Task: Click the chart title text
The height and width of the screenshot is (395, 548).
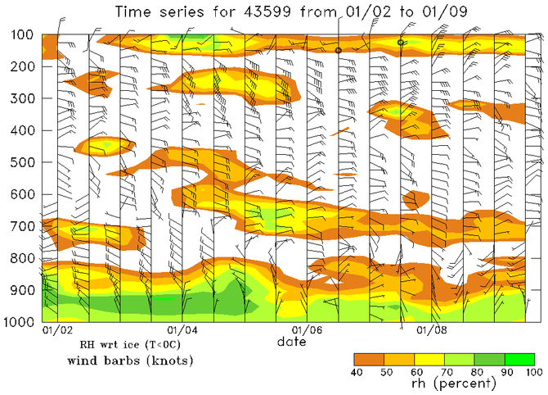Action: point(282,13)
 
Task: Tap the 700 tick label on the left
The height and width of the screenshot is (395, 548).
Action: point(17,226)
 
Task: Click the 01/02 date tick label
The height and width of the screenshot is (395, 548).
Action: point(56,330)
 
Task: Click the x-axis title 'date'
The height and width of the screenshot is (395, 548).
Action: point(291,341)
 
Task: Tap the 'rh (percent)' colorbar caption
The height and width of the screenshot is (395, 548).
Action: point(445,384)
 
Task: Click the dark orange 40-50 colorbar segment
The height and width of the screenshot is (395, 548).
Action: point(369,359)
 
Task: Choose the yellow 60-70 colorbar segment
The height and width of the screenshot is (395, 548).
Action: point(429,359)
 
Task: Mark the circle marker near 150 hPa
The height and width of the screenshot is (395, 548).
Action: point(338,50)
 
